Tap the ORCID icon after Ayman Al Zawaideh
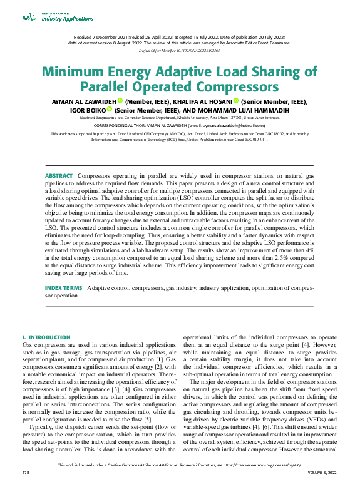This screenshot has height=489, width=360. point(120,100)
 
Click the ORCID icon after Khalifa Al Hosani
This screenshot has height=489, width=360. point(237,100)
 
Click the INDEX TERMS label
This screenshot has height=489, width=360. point(63,287)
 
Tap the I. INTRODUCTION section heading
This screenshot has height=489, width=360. point(46,337)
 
